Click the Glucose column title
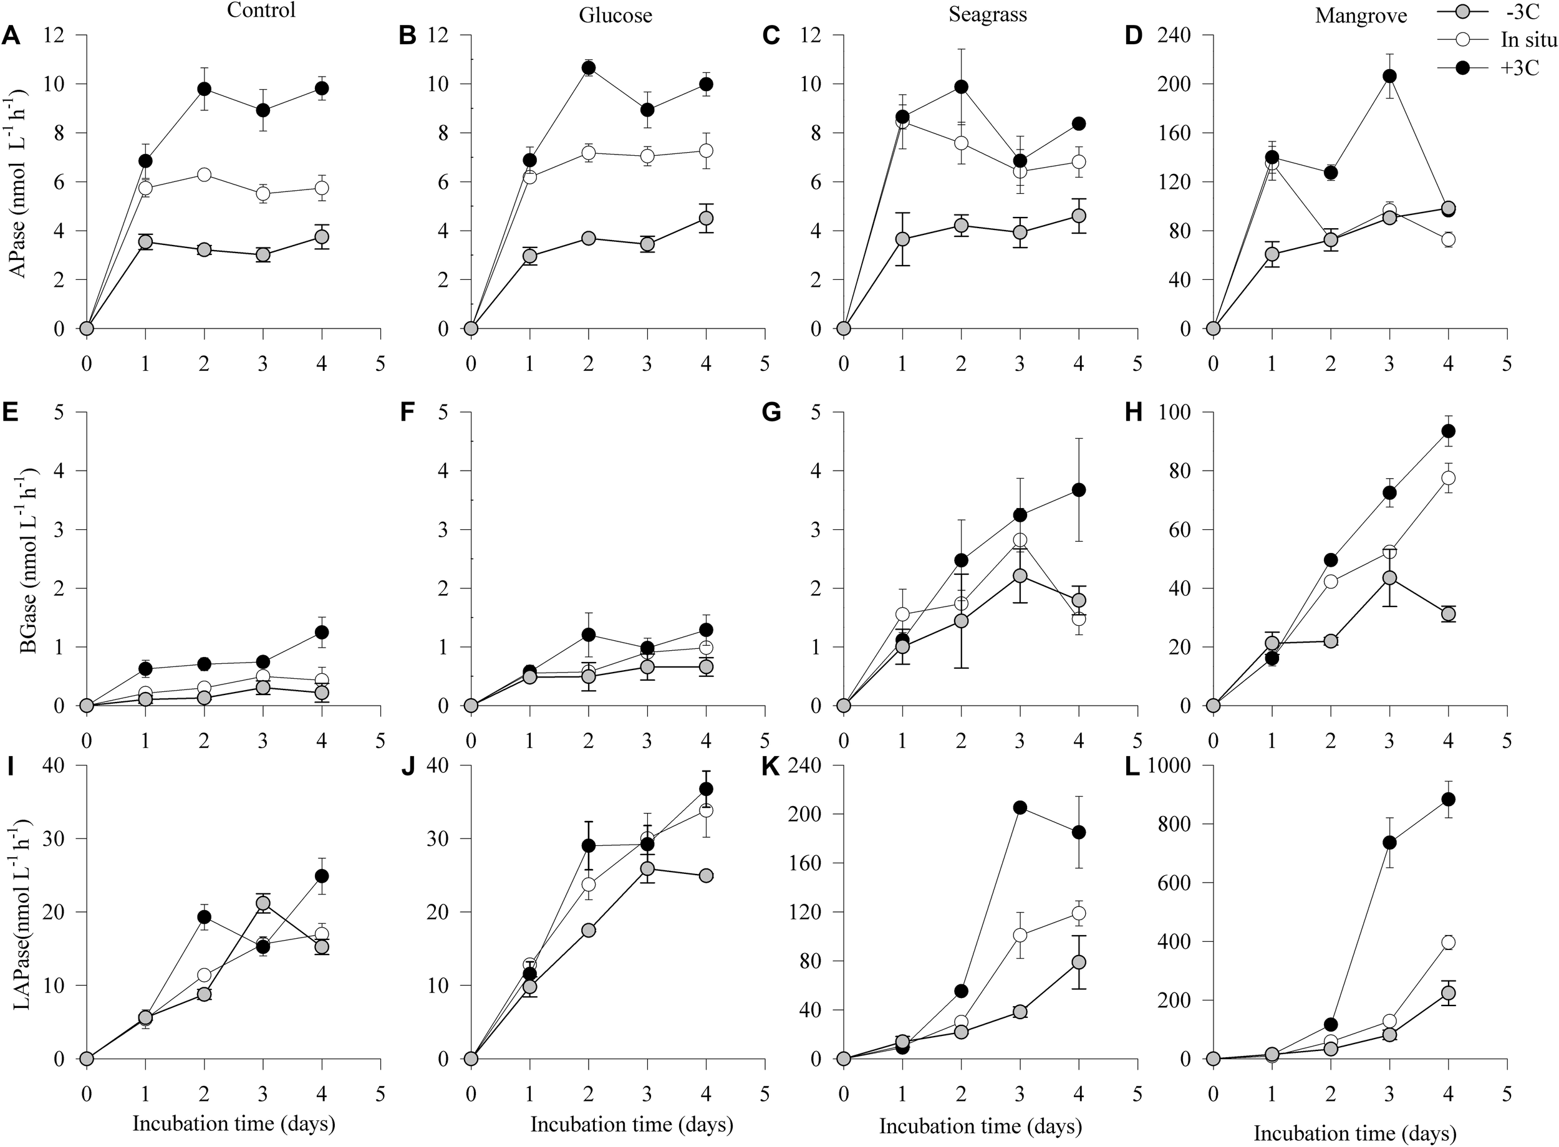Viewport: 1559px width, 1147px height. pyautogui.click(x=616, y=16)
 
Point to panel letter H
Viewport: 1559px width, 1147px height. pyautogui.click(x=1132, y=413)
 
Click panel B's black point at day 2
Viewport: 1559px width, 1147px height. pyautogui.click(x=589, y=67)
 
